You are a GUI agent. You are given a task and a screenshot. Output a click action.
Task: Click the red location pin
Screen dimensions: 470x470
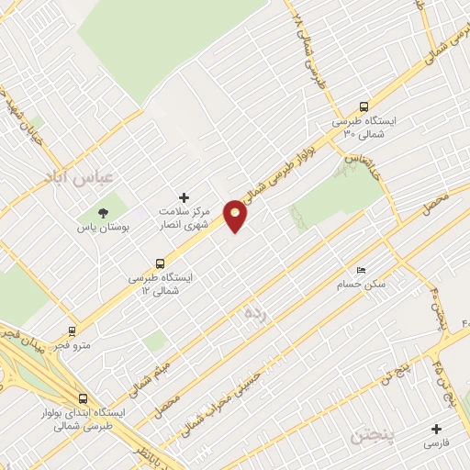(x=236, y=216)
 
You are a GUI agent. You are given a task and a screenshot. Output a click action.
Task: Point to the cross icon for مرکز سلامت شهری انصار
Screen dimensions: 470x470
(x=184, y=196)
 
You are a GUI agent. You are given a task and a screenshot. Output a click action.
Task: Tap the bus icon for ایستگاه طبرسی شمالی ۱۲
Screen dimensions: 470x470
(x=161, y=262)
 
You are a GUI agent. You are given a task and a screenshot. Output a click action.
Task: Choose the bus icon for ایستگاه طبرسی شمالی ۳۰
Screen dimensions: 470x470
(x=364, y=106)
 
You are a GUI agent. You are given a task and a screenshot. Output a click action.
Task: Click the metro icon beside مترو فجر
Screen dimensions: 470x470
(x=73, y=330)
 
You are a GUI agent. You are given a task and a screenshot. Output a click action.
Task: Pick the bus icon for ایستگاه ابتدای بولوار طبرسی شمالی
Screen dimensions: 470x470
(x=84, y=399)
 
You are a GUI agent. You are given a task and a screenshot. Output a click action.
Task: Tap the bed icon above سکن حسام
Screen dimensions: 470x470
(x=362, y=270)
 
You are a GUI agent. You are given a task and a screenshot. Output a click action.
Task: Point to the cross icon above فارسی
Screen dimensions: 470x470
(x=436, y=429)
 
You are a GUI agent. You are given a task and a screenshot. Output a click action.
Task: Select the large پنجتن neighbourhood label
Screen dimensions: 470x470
(x=374, y=435)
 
